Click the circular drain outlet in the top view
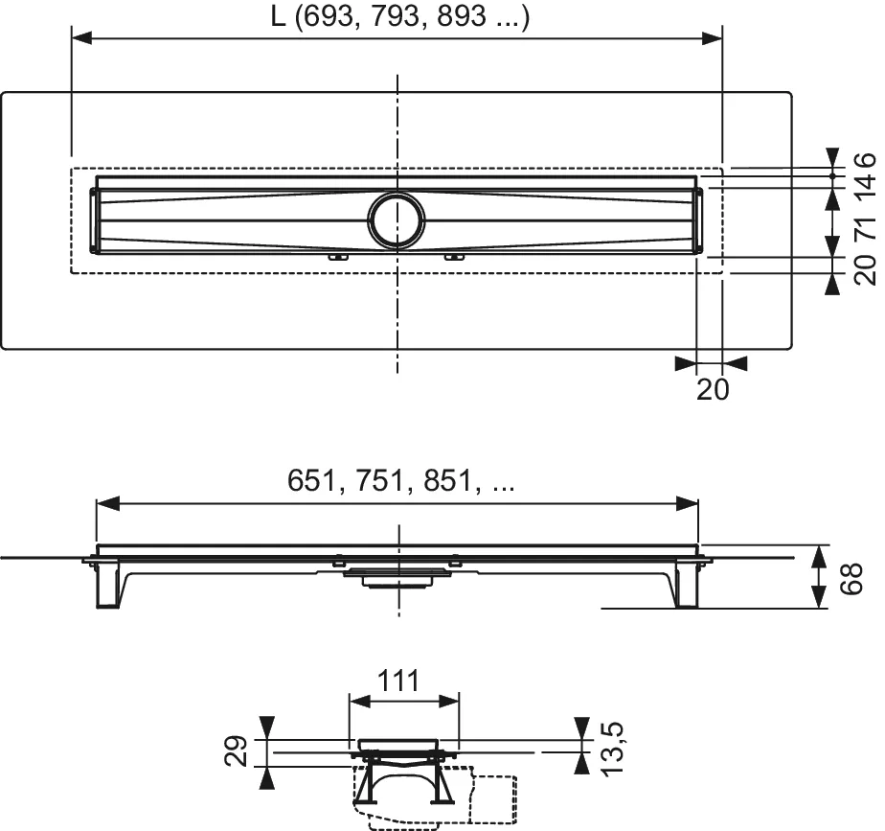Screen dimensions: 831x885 point(395,219)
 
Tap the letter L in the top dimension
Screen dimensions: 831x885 point(277,18)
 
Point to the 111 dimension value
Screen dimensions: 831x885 point(396,681)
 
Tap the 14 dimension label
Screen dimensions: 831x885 point(865,188)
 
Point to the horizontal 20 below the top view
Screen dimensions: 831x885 point(714,388)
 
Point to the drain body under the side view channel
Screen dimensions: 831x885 point(395,576)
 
